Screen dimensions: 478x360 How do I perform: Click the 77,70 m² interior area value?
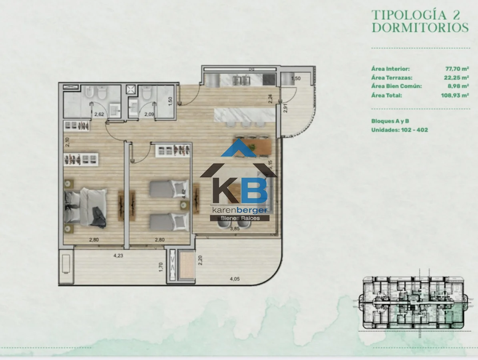(457, 69)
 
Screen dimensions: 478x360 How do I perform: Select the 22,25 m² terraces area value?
(456, 78)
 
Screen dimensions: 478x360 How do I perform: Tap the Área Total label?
(387, 95)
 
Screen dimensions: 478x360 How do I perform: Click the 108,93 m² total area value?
(455, 95)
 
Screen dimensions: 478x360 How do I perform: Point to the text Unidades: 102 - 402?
(400, 130)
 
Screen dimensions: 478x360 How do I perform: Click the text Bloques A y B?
(390, 121)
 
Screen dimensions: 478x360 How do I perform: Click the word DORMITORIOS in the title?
(420, 28)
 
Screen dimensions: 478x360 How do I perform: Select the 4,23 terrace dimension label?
(118, 255)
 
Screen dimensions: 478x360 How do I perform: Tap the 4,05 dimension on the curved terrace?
(235, 279)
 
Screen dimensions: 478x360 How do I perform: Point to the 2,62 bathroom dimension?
(99, 114)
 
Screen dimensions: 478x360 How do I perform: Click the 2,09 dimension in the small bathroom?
(149, 114)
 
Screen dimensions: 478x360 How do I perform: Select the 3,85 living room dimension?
(235, 229)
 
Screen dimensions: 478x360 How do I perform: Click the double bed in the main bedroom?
(86, 207)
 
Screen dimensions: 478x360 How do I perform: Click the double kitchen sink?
(241, 80)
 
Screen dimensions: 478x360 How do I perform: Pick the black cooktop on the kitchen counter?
(269, 80)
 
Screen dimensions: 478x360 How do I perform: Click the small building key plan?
(414, 303)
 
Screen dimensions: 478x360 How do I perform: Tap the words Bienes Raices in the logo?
(240, 218)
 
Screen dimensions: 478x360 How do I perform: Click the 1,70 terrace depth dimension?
(161, 267)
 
